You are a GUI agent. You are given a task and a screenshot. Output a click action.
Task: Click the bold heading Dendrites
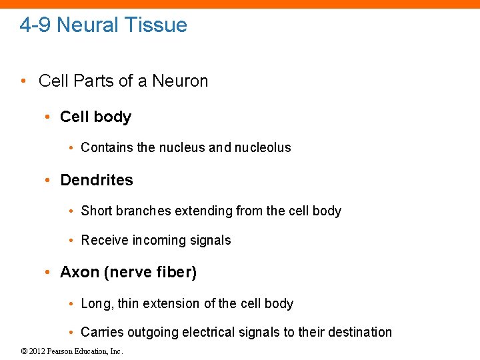coord(97,180)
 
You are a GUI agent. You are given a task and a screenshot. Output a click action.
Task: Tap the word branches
coord(143,211)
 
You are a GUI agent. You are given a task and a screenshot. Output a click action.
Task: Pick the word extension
coord(170,303)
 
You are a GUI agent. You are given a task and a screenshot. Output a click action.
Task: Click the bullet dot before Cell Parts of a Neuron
coord(23,81)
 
